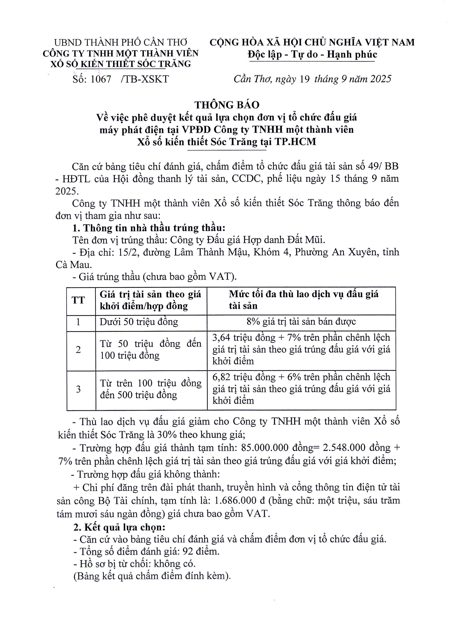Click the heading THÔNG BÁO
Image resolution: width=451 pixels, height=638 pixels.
pos(227,105)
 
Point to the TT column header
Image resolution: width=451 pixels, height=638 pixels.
pos(78,300)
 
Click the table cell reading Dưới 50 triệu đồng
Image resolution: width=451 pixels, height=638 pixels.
pos(139,322)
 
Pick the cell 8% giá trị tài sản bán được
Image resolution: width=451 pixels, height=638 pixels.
pos(301,322)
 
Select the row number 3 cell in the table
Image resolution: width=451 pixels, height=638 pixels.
pos(78,389)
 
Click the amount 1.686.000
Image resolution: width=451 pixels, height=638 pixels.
pos(236,501)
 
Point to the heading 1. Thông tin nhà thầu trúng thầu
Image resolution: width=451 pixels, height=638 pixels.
pos(148,228)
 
